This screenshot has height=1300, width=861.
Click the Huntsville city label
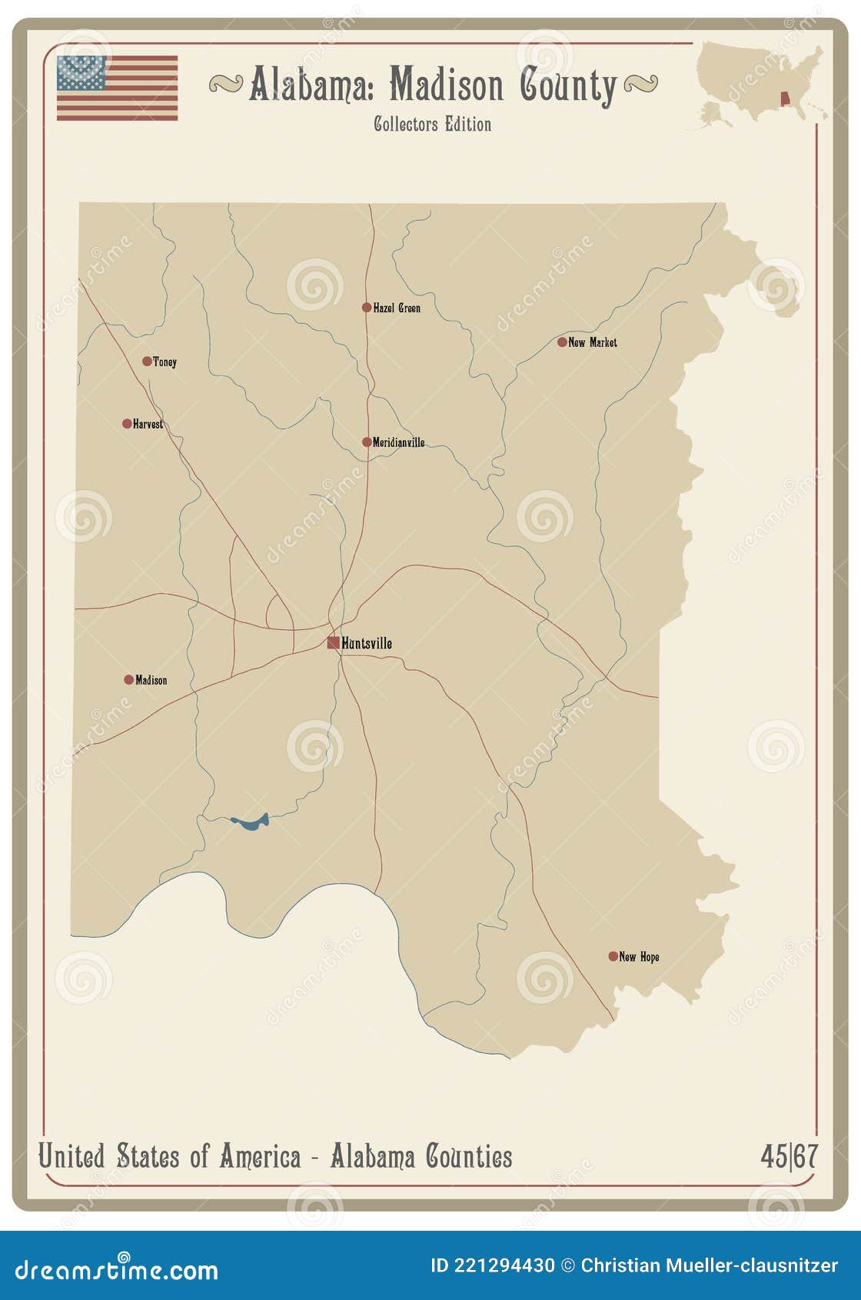(x=367, y=643)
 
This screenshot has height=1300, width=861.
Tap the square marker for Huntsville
(x=334, y=642)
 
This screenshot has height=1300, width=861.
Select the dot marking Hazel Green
(x=367, y=308)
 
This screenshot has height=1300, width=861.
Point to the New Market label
(x=592, y=342)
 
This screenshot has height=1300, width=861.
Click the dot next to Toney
(x=147, y=361)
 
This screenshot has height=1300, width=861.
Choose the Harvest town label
(x=148, y=424)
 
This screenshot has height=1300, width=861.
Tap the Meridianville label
(x=398, y=442)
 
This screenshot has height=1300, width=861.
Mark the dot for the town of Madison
(x=128, y=680)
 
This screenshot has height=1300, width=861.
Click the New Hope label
(x=639, y=957)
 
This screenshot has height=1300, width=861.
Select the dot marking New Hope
(x=613, y=956)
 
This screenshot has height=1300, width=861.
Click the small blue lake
(x=251, y=822)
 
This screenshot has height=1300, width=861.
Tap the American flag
(x=117, y=88)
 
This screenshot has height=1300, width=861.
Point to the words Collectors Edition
(x=432, y=124)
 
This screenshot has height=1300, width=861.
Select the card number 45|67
(x=789, y=1156)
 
